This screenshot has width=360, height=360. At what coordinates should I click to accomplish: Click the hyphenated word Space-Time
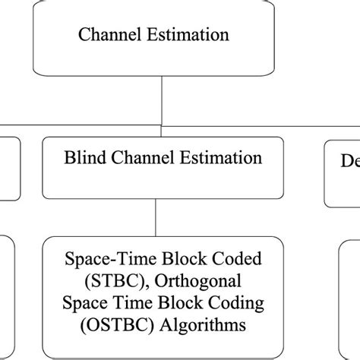[102, 260]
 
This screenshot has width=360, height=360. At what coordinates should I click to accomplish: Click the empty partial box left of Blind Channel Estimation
[9, 167]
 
